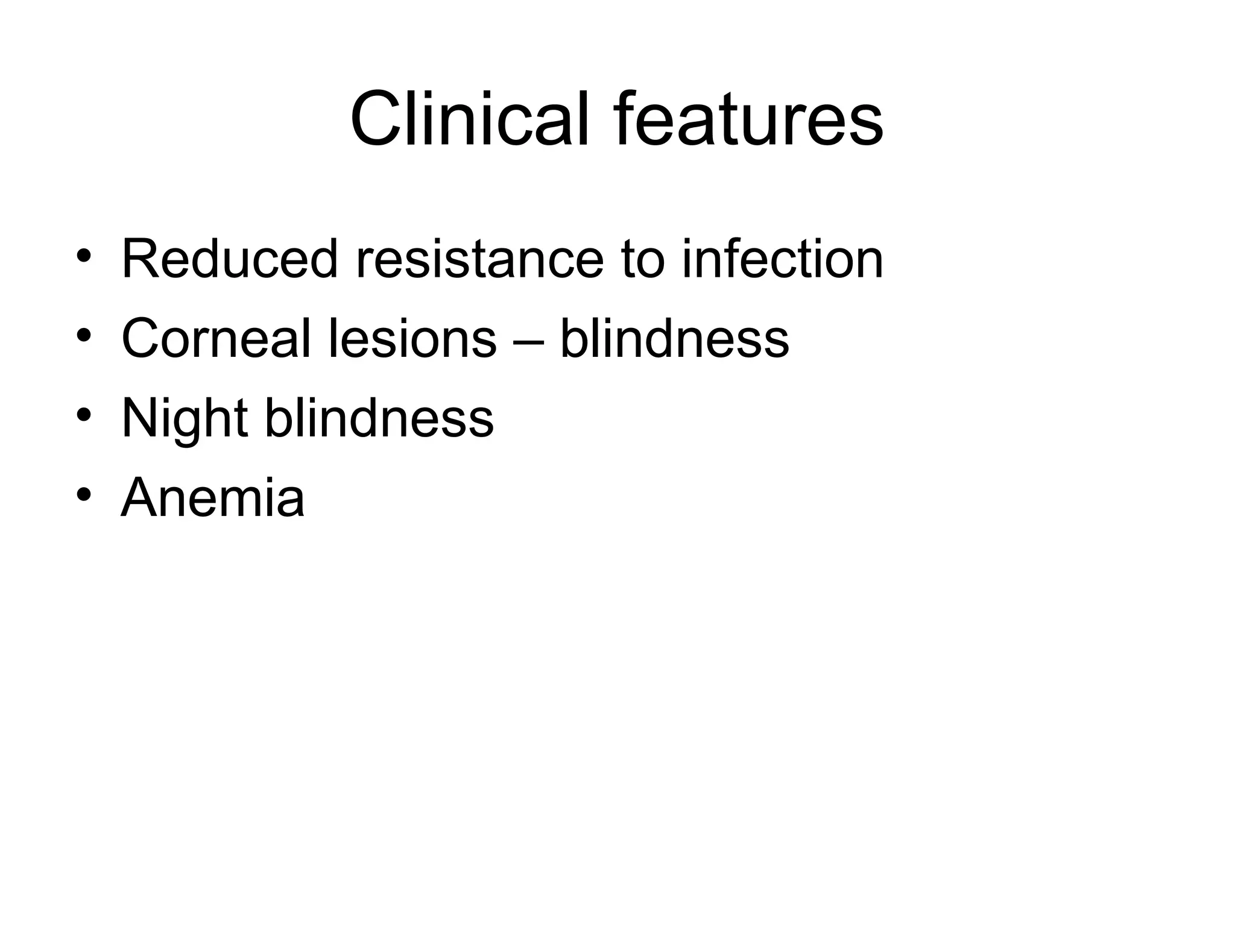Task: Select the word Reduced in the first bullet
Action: coord(229,259)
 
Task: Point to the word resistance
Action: coord(479,259)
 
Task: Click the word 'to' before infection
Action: coord(642,259)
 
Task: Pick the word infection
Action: coord(782,259)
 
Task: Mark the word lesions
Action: coord(412,339)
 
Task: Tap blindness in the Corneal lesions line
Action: coord(674,339)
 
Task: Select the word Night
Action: coord(185,418)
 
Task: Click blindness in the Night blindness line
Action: coord(379,418)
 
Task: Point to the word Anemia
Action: coord(213,498)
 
